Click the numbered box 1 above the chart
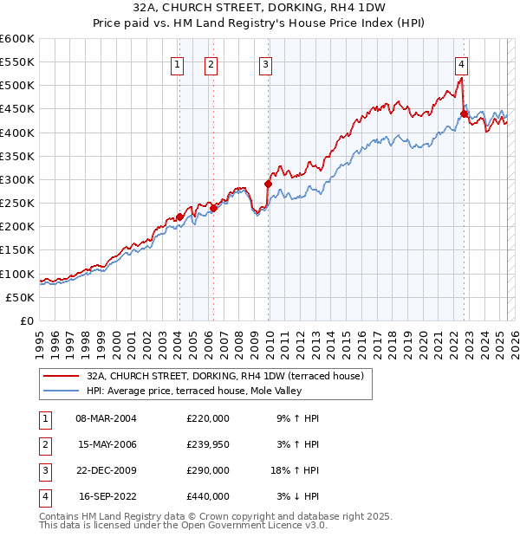tap(177, 63)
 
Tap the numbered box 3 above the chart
tap(265, 63)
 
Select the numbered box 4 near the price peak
tap(462, 63)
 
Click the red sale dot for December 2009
tap(268, 184)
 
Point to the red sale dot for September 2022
tap(464, 113)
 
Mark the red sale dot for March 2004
tap(179, 217)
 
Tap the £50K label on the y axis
tap(21, 297)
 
